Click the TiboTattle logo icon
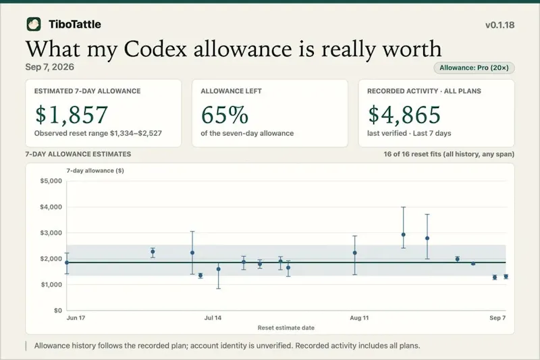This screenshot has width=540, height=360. [34, 24]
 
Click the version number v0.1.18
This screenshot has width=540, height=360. [500, 25]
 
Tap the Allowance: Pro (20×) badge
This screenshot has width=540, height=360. [474, 68]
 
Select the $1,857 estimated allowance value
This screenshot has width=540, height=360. [72, 115]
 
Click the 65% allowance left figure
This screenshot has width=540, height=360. [225, 115]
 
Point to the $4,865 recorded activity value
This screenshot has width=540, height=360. [404, 115]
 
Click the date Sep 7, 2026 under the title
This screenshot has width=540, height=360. [49, 67]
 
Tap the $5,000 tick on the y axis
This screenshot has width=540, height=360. [51, 181]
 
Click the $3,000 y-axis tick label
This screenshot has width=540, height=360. [51, 233]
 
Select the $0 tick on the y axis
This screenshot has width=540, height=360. [58, 311]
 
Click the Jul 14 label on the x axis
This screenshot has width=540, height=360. [213, 317]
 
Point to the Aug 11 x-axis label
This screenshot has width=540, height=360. [359, 317]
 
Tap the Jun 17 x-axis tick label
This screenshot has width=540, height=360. [76, 317]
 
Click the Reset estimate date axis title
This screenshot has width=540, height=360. [286, 328]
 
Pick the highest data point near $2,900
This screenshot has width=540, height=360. [403, 234]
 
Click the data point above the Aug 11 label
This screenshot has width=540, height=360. [355, 253]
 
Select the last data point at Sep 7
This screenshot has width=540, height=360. [506, 276]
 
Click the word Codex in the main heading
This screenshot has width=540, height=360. [155, 49]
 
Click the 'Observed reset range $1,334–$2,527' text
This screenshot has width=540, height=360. [98, 133]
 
